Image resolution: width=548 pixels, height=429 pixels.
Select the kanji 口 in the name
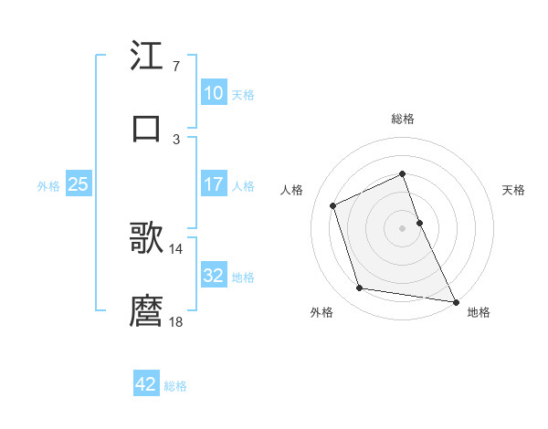point(147,127)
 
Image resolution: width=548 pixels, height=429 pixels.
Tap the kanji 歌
point(147,238)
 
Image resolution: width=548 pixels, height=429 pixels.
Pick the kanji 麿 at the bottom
point(147,309)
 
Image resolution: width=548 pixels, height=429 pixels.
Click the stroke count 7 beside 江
point(175,68)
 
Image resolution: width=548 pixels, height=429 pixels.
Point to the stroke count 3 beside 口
point(175,139)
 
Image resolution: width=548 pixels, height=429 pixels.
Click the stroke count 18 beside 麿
point(176,320)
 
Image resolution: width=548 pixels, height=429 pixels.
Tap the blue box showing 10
point(213,93)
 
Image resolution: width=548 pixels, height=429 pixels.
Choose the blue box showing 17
point(213,184)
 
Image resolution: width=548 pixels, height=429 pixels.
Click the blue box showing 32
point(213,276)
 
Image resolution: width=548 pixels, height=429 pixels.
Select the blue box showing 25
point(78,184)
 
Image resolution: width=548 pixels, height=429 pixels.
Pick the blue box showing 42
point(146,384)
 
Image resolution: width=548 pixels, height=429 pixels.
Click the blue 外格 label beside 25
point(48,185)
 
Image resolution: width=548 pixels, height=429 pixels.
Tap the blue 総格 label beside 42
point(175,386)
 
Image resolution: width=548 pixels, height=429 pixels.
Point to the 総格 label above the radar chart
point(403,119)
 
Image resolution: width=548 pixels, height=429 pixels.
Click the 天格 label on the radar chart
point(514,190)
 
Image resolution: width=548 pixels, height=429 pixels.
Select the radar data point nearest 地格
point(455,300)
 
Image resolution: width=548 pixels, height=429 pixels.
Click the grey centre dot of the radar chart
point(403,227)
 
